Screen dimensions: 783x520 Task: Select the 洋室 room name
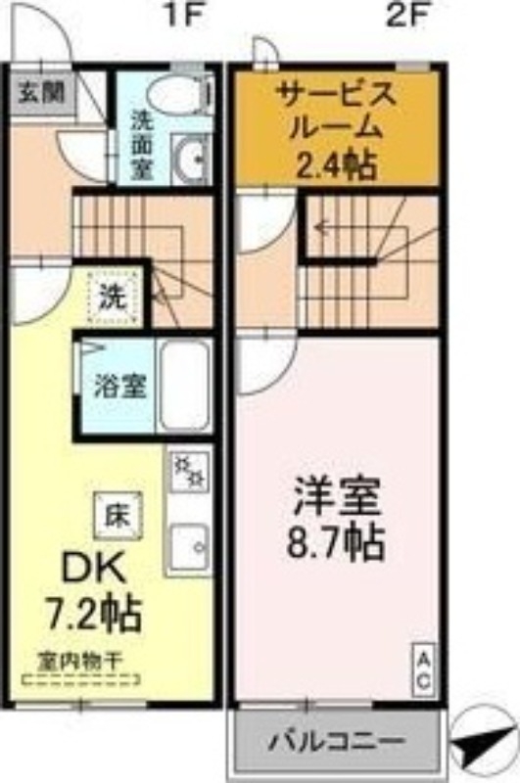point(337,498)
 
